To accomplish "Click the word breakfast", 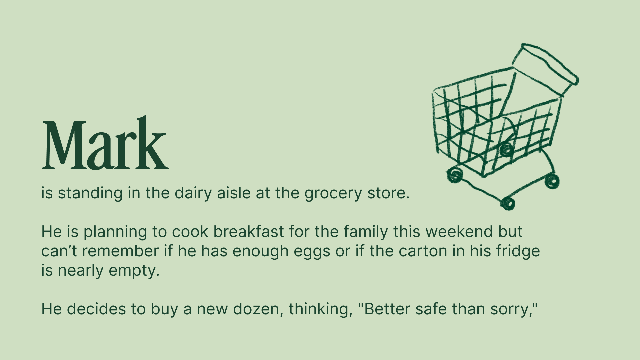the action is click(x=248, y=231).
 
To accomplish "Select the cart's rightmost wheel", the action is click(x=552, y=181).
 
